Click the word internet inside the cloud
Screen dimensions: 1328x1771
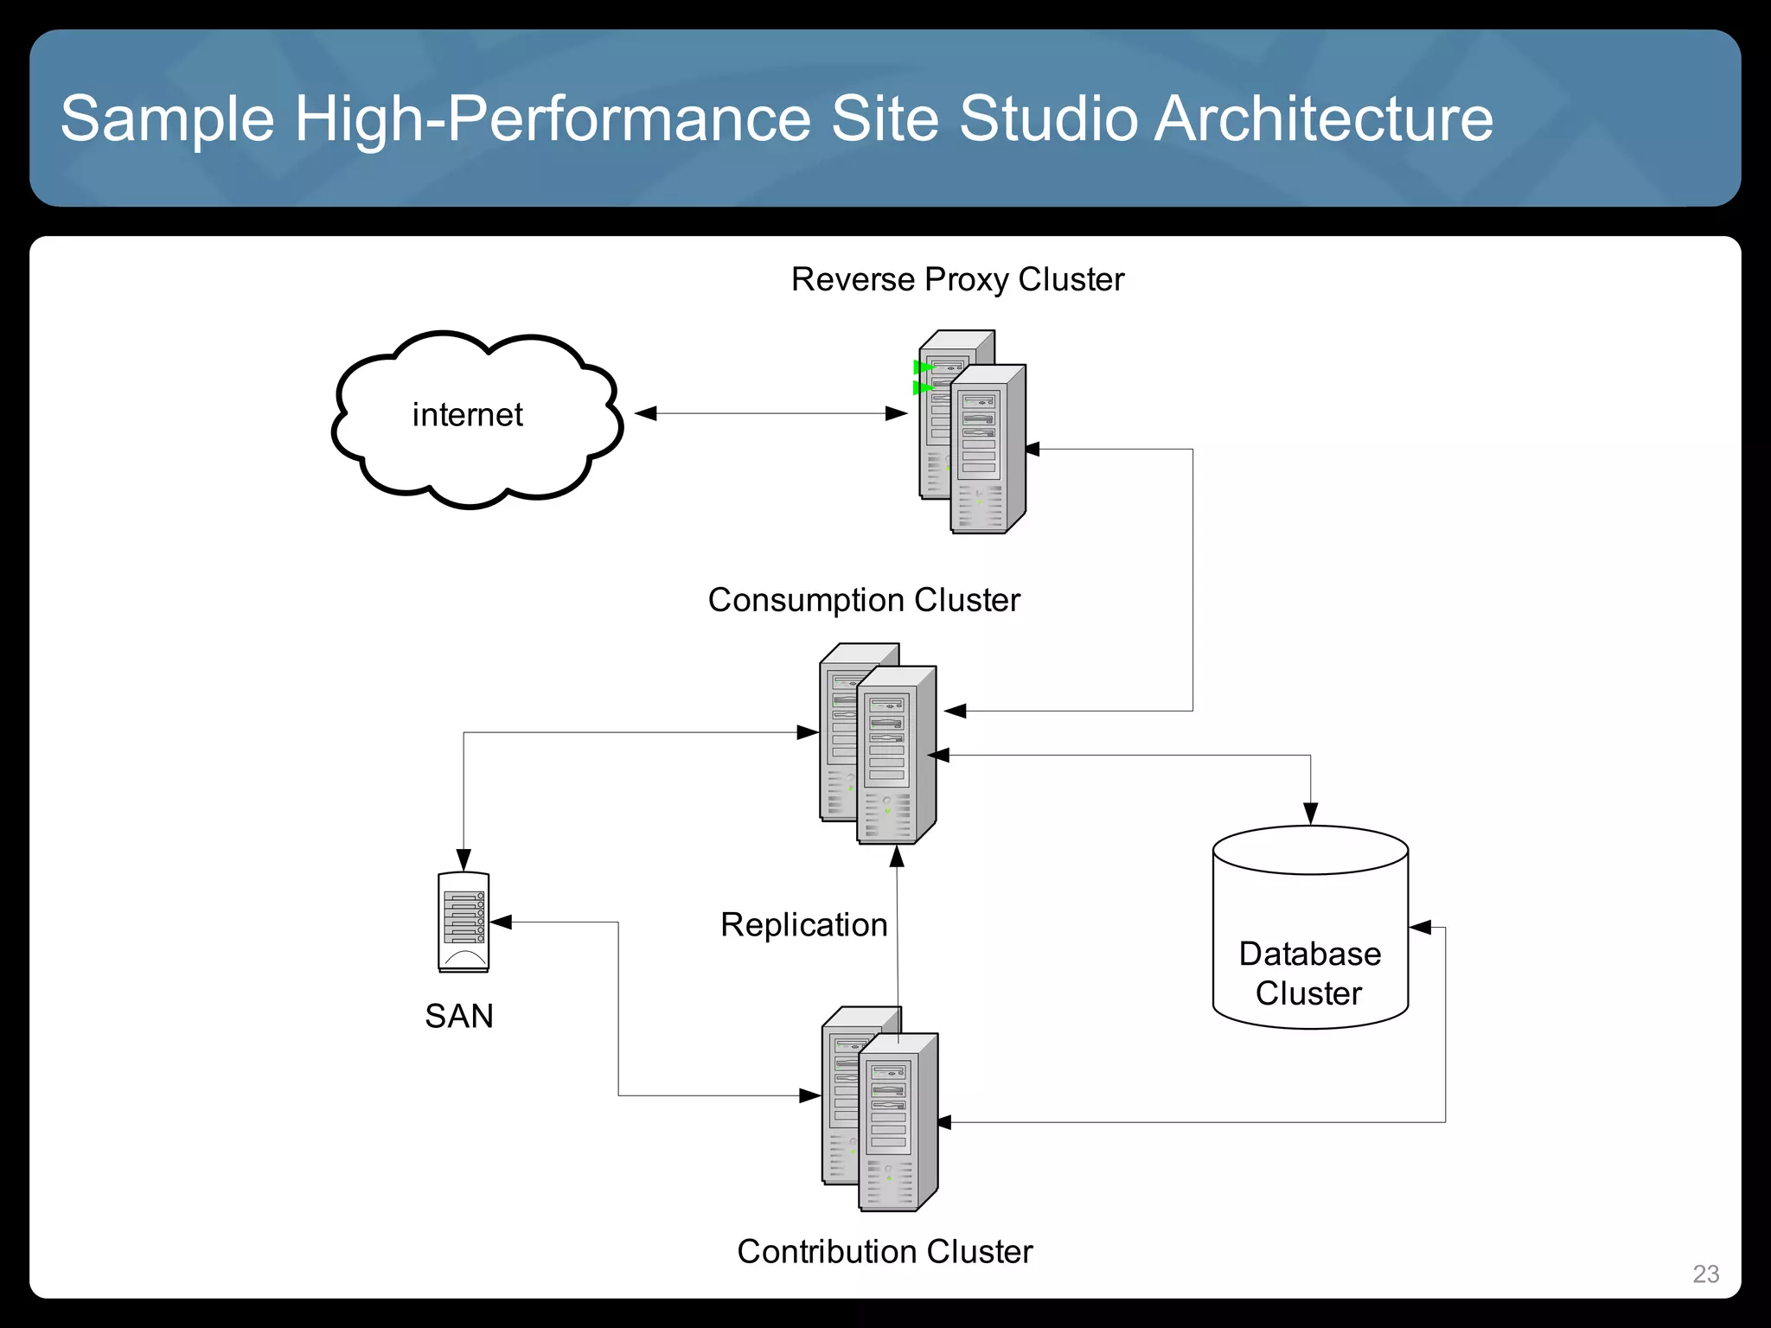[467, 415]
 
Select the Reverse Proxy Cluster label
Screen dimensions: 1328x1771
[957, 279]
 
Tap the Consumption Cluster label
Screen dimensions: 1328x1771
[864, 600]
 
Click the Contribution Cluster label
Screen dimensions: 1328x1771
[885, 1251]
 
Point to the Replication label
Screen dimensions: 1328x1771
[803, 924]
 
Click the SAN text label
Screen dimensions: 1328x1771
[459, 1016]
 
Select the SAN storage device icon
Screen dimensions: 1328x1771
[464, 922]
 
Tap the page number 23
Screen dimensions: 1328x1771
[1705, 1274]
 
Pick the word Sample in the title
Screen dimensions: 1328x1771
[167, 118]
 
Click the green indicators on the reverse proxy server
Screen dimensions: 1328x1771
[923, 378]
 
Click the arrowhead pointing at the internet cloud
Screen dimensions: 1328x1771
[646, 413]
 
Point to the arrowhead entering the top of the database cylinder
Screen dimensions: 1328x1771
[1310, 814]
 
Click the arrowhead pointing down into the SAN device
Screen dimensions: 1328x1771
[464, 859]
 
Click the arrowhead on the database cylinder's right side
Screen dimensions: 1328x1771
[1421, 928]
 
